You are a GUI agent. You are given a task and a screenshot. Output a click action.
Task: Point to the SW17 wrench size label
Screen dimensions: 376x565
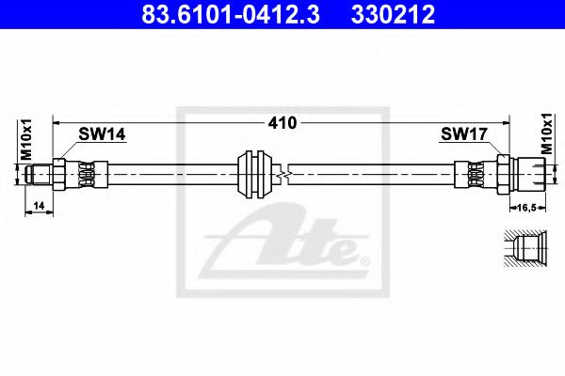tap(463, 135)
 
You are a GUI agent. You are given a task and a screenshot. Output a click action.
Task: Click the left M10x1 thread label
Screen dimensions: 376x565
tap(26, 140)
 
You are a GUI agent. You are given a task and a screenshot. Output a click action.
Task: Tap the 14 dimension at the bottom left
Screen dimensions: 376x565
tap(38, 204)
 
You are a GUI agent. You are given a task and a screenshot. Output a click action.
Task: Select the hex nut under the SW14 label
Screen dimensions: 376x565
tap(60, 173)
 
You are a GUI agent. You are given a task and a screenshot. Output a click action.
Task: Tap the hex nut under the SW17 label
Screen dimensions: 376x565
tap(503, 173)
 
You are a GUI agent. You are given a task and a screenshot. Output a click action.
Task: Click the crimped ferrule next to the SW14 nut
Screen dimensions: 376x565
tap(87, 173)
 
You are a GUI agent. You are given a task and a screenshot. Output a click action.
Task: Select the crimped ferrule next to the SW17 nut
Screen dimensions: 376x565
tap(476, 173)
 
